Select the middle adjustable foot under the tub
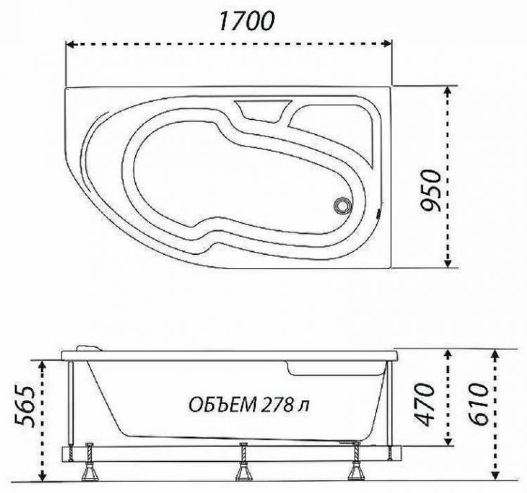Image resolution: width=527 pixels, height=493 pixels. coord(244,469)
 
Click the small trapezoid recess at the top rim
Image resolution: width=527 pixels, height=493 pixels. coord(261,109)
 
